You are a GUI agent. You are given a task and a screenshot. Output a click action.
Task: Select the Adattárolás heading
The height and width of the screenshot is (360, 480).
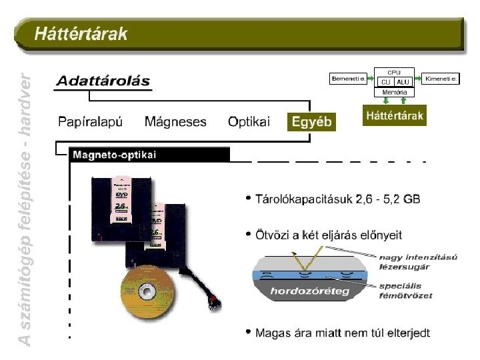pyautogui.click(x=103, y=81)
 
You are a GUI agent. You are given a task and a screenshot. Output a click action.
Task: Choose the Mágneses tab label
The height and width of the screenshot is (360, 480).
pyautogui.click(x=175, y=122)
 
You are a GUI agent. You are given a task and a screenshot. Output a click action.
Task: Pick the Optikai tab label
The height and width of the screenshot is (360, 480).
pyautogui.click(x=249, y=122)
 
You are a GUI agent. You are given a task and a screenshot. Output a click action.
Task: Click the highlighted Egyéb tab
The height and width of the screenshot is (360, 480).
pyautogui.click(x=311, y=122)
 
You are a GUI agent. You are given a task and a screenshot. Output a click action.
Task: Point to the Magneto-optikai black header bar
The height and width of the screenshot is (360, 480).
pyautogui.click(x=149, y=155)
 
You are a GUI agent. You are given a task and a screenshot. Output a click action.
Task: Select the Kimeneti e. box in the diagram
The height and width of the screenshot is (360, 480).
pyautogui.click(x=441, y=79)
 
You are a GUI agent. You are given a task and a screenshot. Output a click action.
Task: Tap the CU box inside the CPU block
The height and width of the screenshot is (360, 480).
pyautogui.click(x=385, y=81)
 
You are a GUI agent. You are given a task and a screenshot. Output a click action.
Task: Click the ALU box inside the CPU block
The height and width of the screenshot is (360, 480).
pyautogui.click(x=403, y=81)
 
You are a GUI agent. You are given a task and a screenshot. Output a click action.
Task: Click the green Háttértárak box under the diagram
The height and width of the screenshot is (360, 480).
pyautogui.click(x=395, y=116)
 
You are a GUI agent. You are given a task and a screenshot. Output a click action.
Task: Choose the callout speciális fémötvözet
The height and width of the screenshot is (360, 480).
pyautogui.click(x=405, y=291)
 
